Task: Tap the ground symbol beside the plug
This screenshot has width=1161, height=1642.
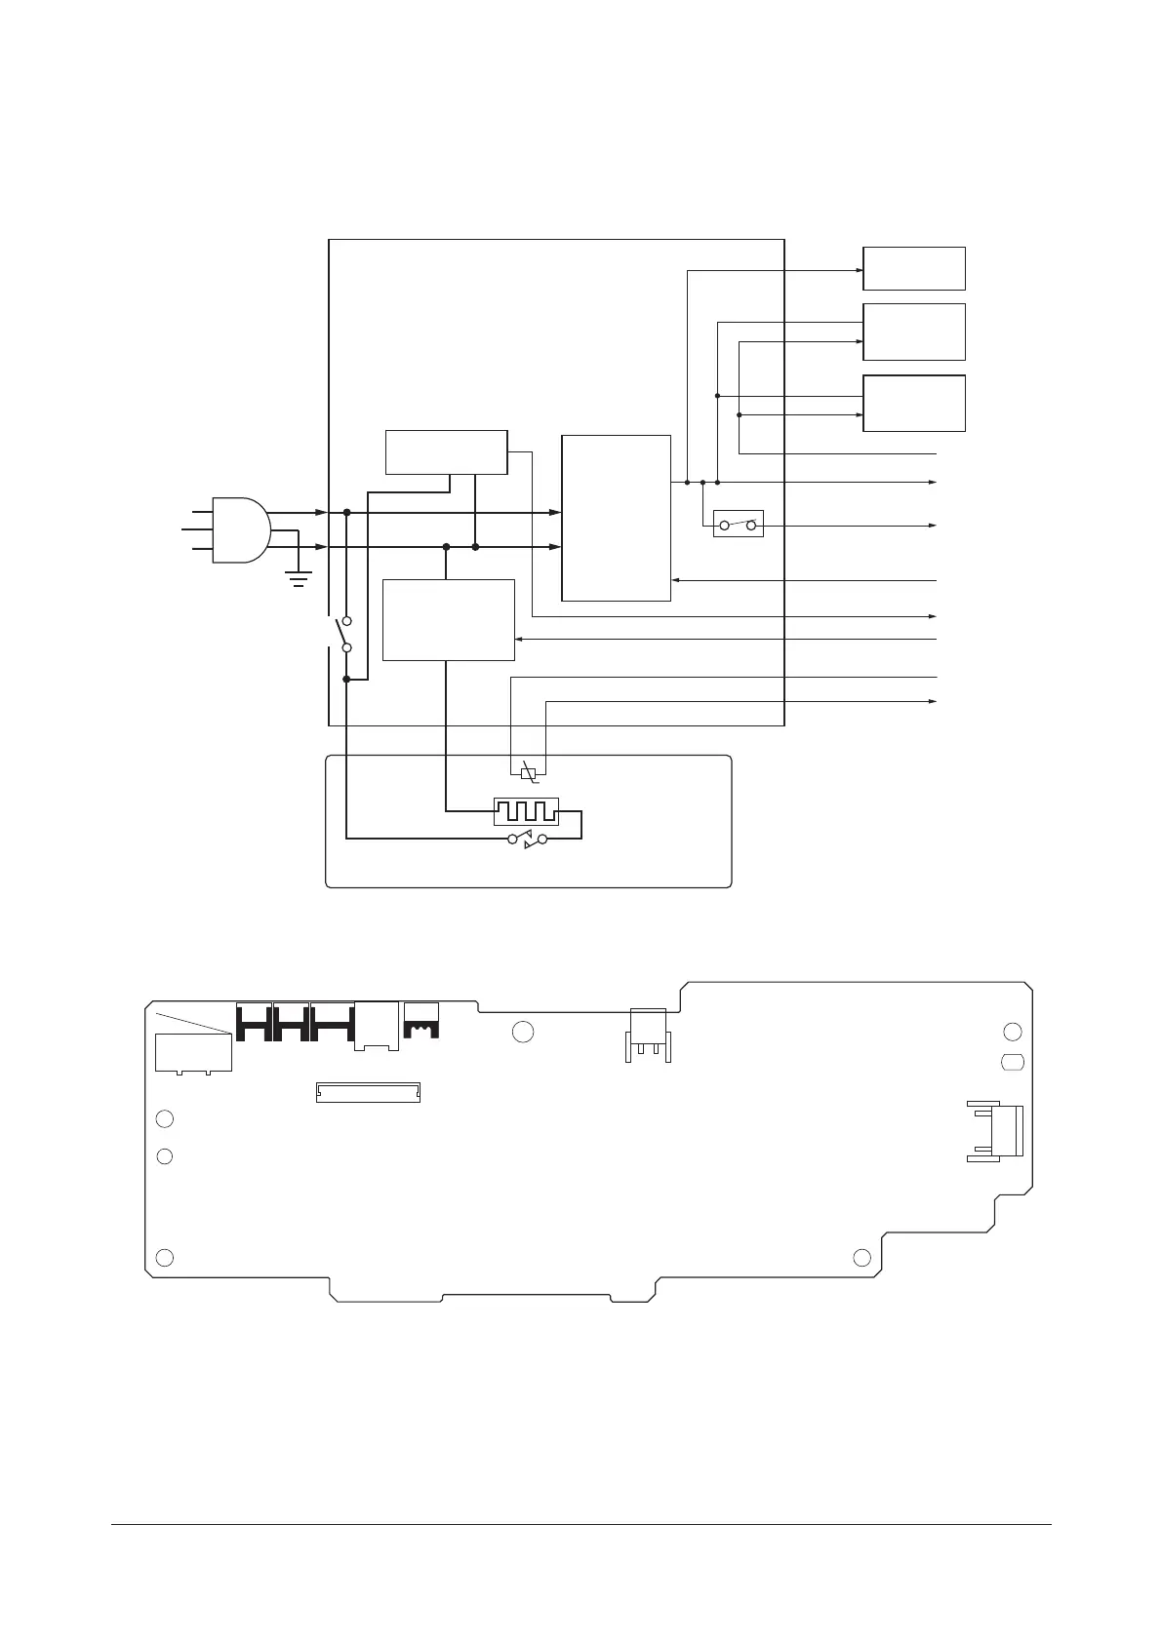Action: coord(299,577)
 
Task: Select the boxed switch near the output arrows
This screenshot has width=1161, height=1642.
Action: coord(738,525)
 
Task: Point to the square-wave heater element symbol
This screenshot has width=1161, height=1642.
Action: coord(526,810)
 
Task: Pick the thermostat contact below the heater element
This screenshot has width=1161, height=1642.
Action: coord(528,839)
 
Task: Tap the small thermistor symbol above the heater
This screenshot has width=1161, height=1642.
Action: coord(529,773)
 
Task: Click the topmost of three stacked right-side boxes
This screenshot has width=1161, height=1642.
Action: coord(914,268)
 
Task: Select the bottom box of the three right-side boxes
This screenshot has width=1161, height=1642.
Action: coord(914,403)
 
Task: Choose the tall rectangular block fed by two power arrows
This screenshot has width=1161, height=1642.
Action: coord(617,518)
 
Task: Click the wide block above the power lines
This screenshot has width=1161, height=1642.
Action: coord(447,451)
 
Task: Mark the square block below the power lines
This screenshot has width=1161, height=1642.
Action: coord(448,619)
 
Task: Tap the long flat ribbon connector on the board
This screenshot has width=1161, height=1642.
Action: coord(368,1092)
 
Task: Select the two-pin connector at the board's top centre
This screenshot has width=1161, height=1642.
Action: coord(647,1033)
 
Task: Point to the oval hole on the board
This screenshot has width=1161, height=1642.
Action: coord(1013,1062)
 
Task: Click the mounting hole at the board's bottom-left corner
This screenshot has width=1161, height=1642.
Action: coord(166,1256)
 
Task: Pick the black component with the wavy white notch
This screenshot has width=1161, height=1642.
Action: coord(421,1020)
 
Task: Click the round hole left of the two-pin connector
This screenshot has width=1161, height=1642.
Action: coord(523,1032)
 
